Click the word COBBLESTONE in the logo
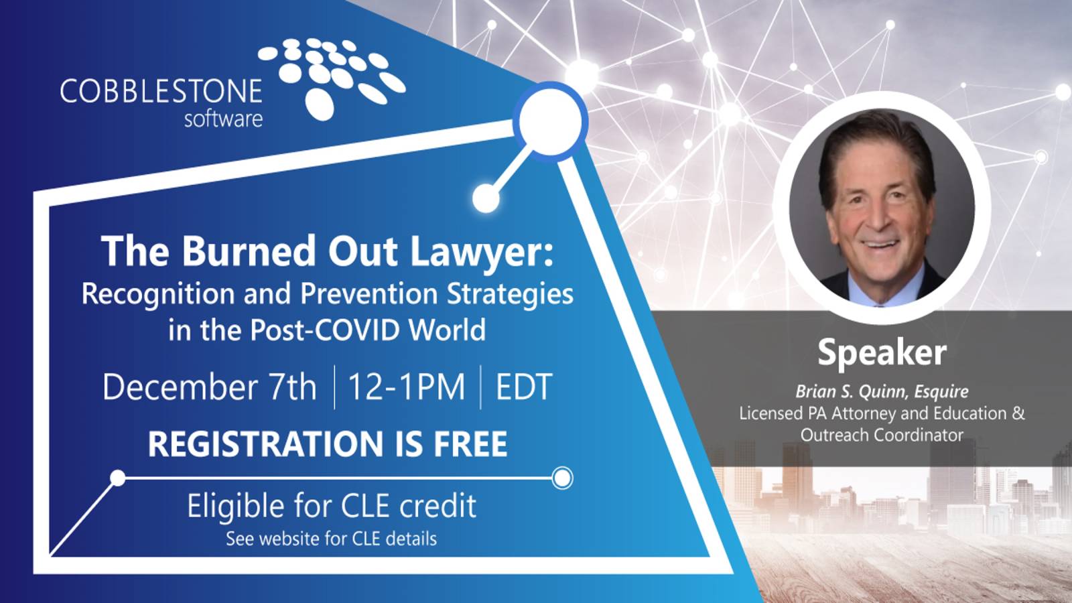pyautogui.click(x=161, y=92)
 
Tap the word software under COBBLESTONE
pyautogui.click(x=223, y=119)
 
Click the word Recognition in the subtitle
pyautogui.click(x=158, y=294)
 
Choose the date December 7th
pyautogui.click(x=209, y=387)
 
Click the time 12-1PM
pyautogui.click(x=407, y=387)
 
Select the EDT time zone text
pyautogui.click(x=523, y=387)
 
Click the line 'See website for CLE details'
pyautogui.click(x=331, y=539)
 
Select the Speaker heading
pyautogui.click(x=882, y=352)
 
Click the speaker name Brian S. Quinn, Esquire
pyautogui.click(x=882, y=391)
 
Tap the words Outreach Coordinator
pyautogui.click(x=882, y=435)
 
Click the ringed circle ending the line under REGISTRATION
pyautogui.click(x=563, y=478)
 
